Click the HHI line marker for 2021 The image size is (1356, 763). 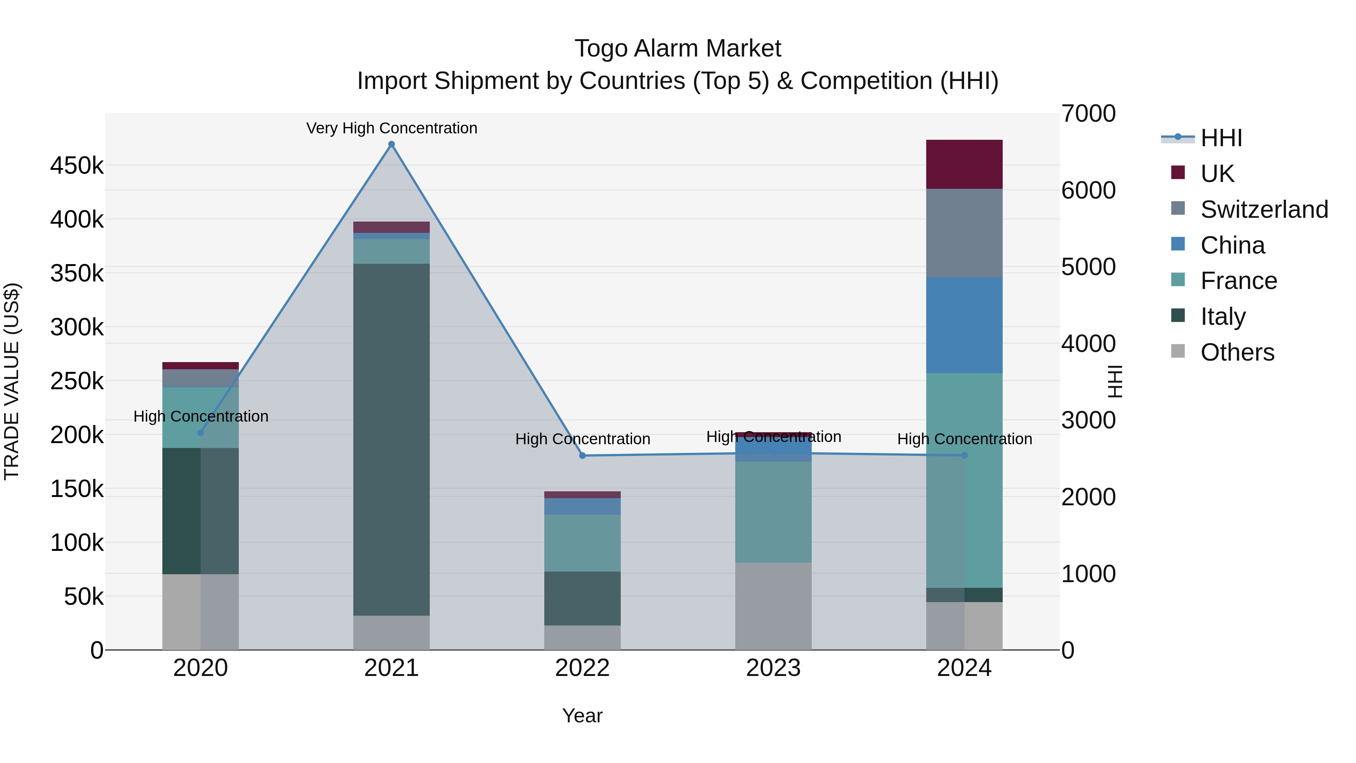click(391, 144)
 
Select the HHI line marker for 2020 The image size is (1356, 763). click(200, 433)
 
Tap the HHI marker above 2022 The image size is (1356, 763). click(582, 456)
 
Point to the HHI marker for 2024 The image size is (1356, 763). click(964, 456)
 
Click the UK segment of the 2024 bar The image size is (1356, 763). click(964, 164)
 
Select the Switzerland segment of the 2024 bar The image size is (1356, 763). click(964, 233)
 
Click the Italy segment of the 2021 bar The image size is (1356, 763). click(391, 439)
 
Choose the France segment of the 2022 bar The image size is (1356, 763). click(582, 543)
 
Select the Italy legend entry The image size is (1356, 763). click(1223, 317)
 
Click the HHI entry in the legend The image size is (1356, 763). click(1221, 138)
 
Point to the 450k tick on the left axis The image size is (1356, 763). click(77, 166)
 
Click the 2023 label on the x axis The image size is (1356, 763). click(773, 668)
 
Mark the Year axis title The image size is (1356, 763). click(582, 716)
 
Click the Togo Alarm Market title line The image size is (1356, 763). click(678, 49)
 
